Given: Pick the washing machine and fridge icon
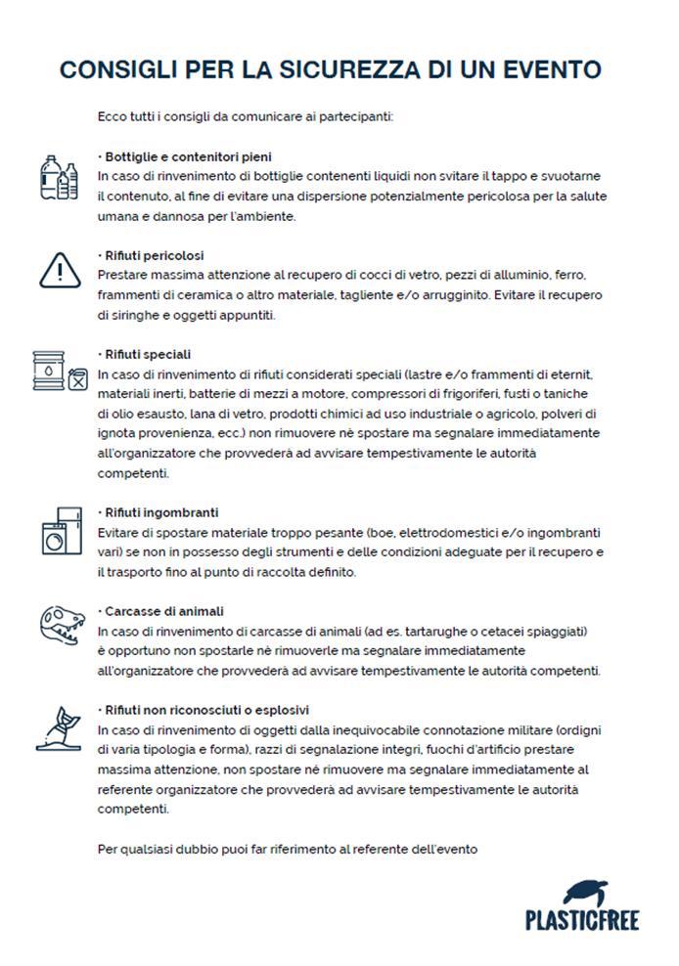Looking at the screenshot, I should [59, 533].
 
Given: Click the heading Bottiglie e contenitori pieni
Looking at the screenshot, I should [186, 156].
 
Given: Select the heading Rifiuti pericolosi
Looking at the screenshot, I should [152, 256].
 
